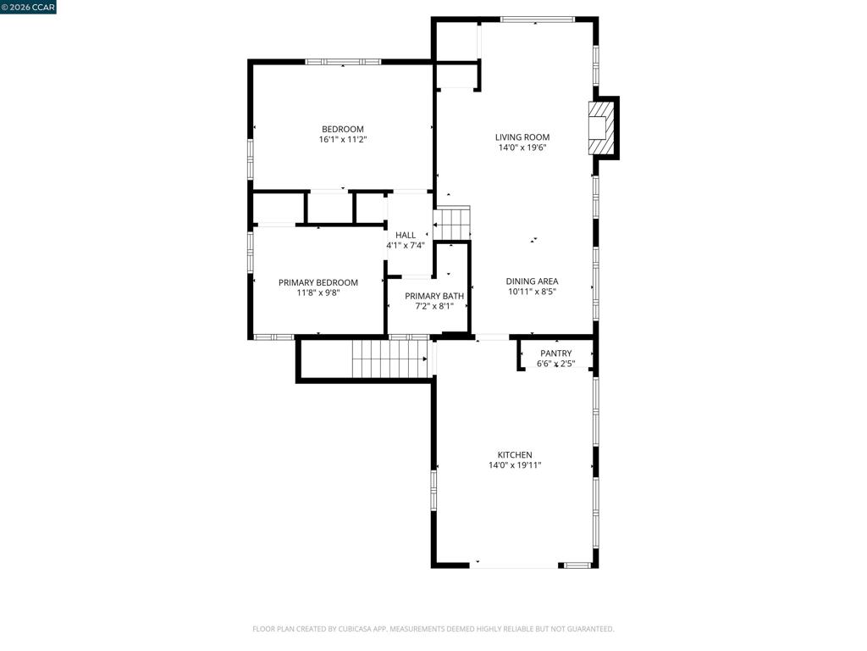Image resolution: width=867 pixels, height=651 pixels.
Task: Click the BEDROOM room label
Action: point(343,129)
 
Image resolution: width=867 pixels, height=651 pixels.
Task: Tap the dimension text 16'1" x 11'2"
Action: point(343,140)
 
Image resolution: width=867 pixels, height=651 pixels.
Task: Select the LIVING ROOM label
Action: point(522,136)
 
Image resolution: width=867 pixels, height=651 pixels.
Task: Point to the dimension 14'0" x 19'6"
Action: point(522,147)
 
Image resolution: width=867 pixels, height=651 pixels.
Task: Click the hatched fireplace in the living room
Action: point(601,128)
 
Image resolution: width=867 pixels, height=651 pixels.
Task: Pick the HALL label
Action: point(406,235)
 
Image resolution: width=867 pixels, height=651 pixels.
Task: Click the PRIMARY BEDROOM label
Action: point(318,282)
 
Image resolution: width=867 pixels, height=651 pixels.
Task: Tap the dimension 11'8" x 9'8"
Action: point(318,292)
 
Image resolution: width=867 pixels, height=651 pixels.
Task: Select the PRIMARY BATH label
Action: point(434,296)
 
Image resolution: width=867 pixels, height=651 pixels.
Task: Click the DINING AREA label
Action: point(532,281)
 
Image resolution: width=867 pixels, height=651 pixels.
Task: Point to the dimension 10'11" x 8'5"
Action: point(532,292)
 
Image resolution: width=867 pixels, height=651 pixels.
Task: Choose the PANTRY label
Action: point(556,353)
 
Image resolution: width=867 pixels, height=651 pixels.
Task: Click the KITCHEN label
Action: point(515,454)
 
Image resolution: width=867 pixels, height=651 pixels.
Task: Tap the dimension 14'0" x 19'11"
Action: point(515,465)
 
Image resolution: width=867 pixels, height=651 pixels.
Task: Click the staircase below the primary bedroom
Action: point(390,359)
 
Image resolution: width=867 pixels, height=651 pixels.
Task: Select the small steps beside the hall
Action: point(452,224)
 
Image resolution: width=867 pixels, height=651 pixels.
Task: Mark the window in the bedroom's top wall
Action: point(343,61)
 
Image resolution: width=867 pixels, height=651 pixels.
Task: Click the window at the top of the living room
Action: point(538,19)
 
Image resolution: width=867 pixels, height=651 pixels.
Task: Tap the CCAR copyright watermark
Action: point(28,7)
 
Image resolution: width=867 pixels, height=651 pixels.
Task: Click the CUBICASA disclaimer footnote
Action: point(433,629)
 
